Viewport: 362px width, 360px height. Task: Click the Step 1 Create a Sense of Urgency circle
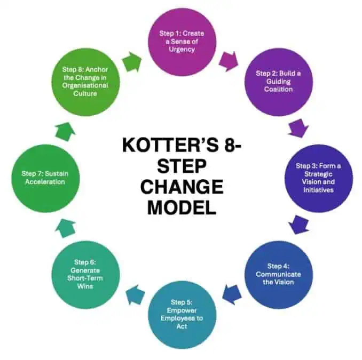pos(182,42)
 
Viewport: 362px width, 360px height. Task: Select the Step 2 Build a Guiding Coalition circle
pos(278,82)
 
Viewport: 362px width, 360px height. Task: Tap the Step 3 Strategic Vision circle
pos(319,178)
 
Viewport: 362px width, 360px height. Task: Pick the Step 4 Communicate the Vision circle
pos(278,275)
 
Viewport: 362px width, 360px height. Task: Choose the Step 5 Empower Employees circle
pos(182,315)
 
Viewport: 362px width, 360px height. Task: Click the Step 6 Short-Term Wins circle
pos(85,275)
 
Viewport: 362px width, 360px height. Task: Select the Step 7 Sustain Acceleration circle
pos(45,178)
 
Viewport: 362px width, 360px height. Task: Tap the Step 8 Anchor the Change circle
pos(85,82)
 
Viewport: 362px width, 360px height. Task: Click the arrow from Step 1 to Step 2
pos(229,61)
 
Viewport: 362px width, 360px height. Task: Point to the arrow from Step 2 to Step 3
pos(298,128)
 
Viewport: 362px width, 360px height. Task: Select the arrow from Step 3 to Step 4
pos(298,225)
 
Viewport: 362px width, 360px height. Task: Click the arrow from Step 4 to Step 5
pos(232,294)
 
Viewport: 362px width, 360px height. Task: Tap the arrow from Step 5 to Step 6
pos(135,294)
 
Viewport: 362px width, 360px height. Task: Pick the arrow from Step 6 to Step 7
pos(66,228)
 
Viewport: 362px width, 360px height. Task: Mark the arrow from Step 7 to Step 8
pos(66,132)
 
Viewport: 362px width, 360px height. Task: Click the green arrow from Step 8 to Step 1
pos(132,62)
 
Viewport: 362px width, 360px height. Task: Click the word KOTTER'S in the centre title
pos(170,145)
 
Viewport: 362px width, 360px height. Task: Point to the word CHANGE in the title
pos(182,187)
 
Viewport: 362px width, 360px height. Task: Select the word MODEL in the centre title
pos(182,207)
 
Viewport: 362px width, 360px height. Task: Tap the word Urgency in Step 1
pos(182,50)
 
